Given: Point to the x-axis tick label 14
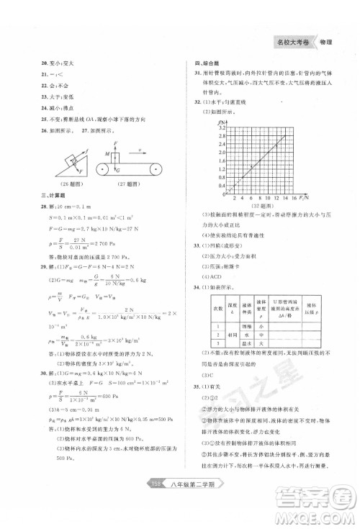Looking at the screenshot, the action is click(x=287, y=197).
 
